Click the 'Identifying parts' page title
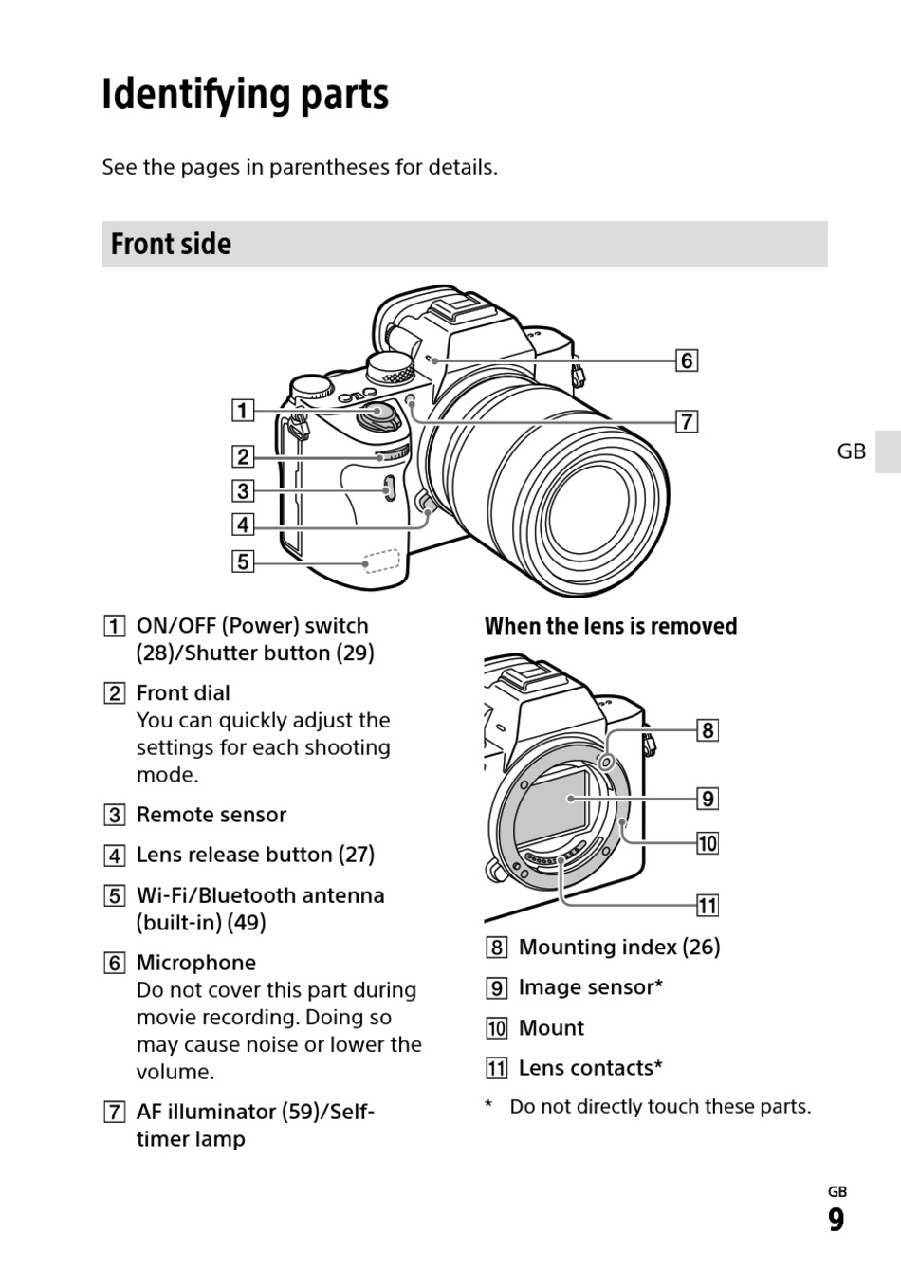245,95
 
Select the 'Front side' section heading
171,244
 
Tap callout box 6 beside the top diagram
686,360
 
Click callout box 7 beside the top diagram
686,421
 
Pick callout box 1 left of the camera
243,411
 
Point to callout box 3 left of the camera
243,490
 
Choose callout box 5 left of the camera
243,561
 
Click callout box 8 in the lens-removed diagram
708,730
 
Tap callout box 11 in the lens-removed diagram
708,906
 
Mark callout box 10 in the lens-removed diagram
708,843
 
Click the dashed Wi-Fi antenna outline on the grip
382,561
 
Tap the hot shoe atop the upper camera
455,308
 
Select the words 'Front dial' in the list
183,692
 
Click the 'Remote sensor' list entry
211,815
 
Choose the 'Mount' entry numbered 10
551,1028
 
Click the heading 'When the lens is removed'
611,626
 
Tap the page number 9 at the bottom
836,1220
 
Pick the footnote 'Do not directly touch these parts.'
660,1106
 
